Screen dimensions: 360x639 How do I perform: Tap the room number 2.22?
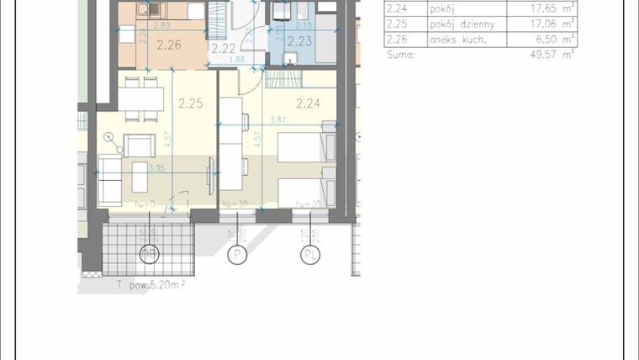224,50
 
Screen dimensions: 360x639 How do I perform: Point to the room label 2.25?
191,104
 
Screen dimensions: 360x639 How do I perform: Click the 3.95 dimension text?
156,167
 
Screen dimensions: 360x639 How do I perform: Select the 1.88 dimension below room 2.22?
238,60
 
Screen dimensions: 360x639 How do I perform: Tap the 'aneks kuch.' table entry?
457,40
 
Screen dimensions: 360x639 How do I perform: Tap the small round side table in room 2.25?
108,136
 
